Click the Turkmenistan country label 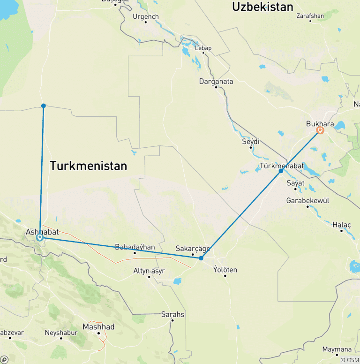[x=89, y=166]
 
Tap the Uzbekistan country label [x=262, y=7]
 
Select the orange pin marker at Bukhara [x=320, y=130]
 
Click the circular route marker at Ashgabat [x=40, y=238]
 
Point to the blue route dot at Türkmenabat [x=281, y=171]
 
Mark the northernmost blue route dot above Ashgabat [x=43, y=106]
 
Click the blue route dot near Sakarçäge [x=201, y=258]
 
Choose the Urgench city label [x=146, y=16]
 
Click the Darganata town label [x=216, y=81]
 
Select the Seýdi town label [x=251, y=141]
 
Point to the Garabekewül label [x=307, y=201]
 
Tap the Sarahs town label [x=172, y=314]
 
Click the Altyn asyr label [x=150, y=271]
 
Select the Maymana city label [x=337, y=349]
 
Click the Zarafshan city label [x=310, y=15]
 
